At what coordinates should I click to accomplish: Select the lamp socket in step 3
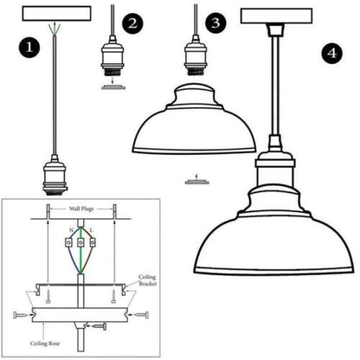tap(196, 56)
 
